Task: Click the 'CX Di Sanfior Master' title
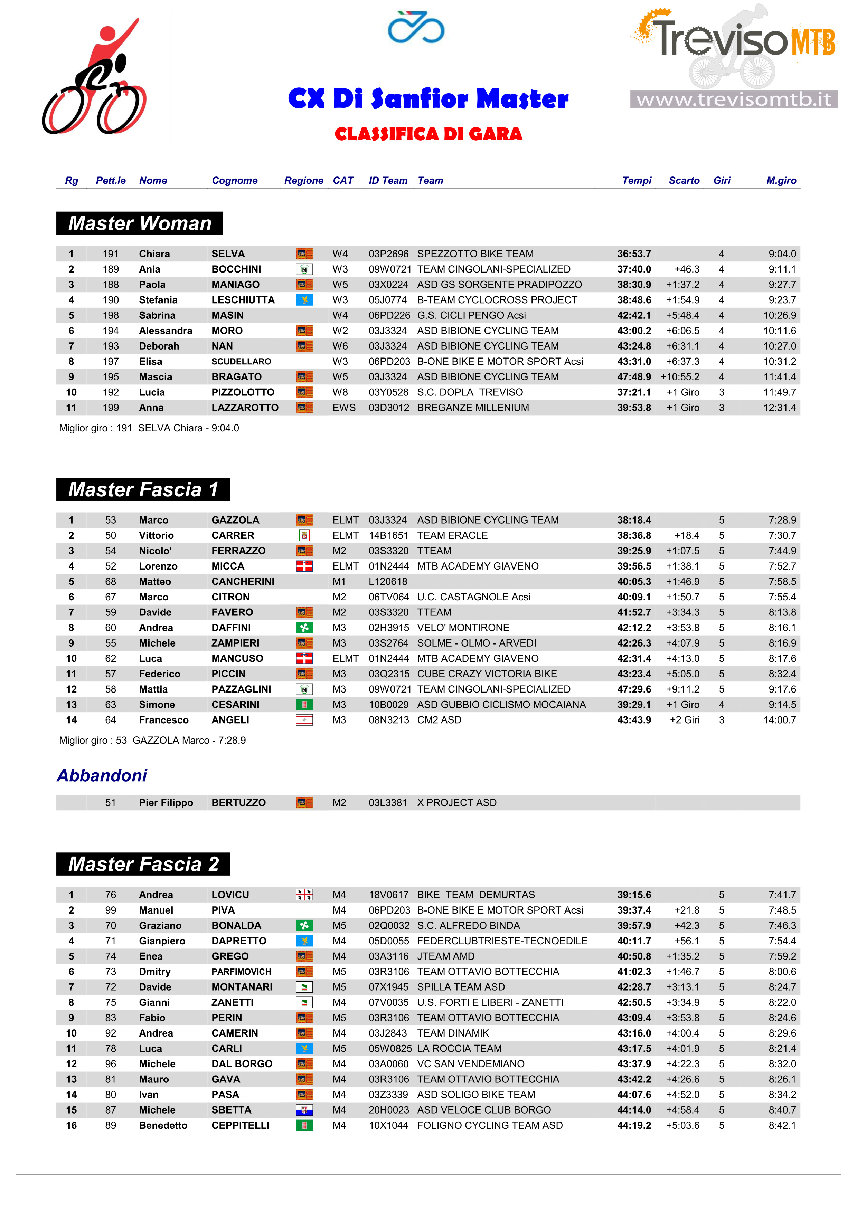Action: (428, 99)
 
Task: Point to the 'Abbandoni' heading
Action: (102, 775)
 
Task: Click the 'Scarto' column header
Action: (684, 181)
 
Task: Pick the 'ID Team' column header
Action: (388, 181)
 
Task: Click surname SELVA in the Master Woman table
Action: (228, 254)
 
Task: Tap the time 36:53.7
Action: (634, 254)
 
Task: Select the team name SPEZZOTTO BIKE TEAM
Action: (475, 254)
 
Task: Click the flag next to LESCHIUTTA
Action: (304, 300)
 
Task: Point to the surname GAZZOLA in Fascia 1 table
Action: (236, 520)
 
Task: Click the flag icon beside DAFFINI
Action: (304, 628)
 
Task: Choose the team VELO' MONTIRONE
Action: (463, 628)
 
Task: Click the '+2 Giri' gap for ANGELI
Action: (684, 720)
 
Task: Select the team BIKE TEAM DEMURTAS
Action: (476, 895)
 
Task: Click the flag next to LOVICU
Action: (304, 895)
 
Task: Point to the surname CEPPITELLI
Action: (240, 1125)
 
